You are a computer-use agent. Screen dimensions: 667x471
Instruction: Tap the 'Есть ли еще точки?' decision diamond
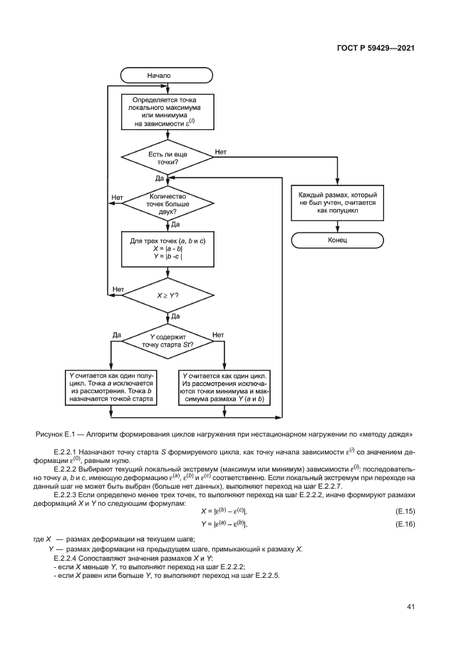pos(167,158)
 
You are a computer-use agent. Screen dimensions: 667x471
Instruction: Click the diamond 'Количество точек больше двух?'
pos(167,204)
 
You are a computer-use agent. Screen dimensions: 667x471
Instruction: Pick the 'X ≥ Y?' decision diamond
pos(167,293)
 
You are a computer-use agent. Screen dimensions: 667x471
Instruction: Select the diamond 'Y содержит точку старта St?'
pos(167,340)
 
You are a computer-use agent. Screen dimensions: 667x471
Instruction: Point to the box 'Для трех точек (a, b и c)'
pos(167,250)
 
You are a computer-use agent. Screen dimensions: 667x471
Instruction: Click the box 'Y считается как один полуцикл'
pos(110,387)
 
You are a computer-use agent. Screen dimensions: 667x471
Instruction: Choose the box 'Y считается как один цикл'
pos(224,387)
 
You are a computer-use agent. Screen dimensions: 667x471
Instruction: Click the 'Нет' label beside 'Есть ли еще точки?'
pos(220,152)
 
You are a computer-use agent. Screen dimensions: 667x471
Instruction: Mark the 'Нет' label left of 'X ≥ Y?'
pos(118,289)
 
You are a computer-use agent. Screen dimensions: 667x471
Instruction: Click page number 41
pos(410,606)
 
